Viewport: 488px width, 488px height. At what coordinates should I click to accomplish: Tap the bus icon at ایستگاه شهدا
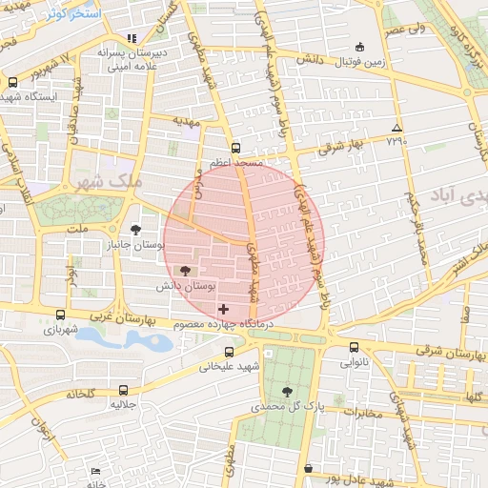(12, 82)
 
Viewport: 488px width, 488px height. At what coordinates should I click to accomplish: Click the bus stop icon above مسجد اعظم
(235, 148)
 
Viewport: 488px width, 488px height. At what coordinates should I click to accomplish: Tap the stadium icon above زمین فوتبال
(359, 47)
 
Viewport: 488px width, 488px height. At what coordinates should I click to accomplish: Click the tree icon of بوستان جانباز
(136, 229)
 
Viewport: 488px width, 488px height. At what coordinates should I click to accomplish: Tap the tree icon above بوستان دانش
(185, 272)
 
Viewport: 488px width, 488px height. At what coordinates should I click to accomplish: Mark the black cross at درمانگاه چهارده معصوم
(224, 309)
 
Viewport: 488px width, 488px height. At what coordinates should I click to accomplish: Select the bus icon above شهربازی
(61, 315)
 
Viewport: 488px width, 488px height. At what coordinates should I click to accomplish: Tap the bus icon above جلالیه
(124, 390)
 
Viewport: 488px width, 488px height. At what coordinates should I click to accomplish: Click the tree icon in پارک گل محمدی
(288, 391)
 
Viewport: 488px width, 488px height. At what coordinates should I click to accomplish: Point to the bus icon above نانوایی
(355, 348)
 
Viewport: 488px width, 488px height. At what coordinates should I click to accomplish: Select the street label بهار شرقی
(342, 147)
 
